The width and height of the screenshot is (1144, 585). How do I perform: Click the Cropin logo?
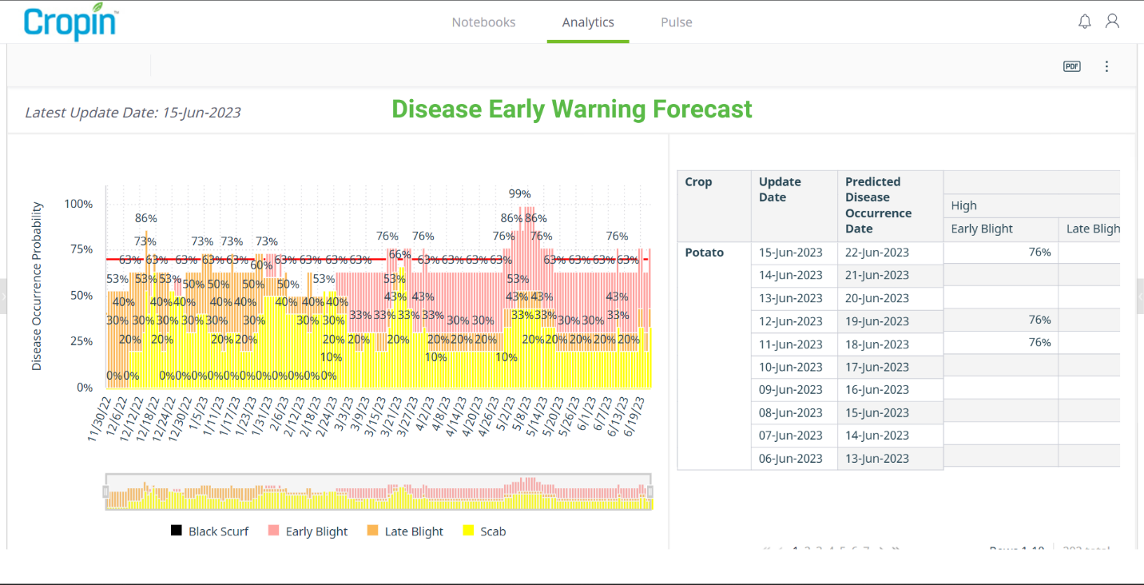(70, 22)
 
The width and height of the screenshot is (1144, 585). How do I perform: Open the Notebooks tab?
(483, 22)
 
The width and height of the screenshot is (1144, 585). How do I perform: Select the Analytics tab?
(588, 22)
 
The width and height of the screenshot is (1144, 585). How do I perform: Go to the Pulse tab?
(676, 22)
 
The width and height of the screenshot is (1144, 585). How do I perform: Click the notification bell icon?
(1084, 22)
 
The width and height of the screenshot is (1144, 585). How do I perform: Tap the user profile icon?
(1112, 22)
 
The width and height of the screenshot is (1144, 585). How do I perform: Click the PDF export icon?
(1071, 66)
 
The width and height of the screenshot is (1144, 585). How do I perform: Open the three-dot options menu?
(1106, 66)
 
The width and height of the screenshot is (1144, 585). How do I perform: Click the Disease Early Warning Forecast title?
(571, 109)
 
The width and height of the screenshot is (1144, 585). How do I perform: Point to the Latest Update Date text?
(133, 113)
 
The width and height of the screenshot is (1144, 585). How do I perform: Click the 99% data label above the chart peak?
(519, 193)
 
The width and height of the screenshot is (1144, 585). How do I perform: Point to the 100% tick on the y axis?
(78, 204)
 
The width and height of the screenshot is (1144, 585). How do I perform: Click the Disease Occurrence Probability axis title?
(37, 285)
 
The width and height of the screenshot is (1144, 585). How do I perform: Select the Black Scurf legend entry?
(209, 531)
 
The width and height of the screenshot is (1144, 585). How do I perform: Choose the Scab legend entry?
(483, 531)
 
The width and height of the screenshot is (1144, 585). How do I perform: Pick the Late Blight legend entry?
(404, 531)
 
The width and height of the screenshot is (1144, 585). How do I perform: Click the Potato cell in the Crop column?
(704, 253)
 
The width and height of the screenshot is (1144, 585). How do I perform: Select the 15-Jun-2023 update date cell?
(790, 253)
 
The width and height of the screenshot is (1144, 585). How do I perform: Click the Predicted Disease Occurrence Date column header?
(878, 205)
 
